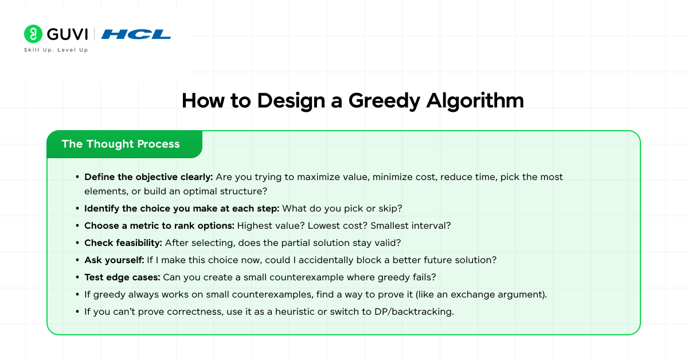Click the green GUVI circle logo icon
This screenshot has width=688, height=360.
(x=33, y=34)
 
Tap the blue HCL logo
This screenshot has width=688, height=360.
(x=136, y=34)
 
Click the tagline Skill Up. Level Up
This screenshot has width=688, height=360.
(x=56, y=50)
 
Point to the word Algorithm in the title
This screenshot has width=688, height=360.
(x=475, y=101)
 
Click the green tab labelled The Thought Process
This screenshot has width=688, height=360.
(x=120, y=144)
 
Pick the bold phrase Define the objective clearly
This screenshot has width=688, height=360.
(x=148, y=177)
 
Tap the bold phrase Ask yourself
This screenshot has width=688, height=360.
(x=114, y=260)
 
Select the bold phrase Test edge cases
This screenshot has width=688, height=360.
(x=122, y=277)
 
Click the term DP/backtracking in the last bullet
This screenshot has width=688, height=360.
(x=409, y=312)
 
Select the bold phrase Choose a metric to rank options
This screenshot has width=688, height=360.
(x=159, y=225)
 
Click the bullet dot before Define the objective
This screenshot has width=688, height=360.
(x=77, y=177)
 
